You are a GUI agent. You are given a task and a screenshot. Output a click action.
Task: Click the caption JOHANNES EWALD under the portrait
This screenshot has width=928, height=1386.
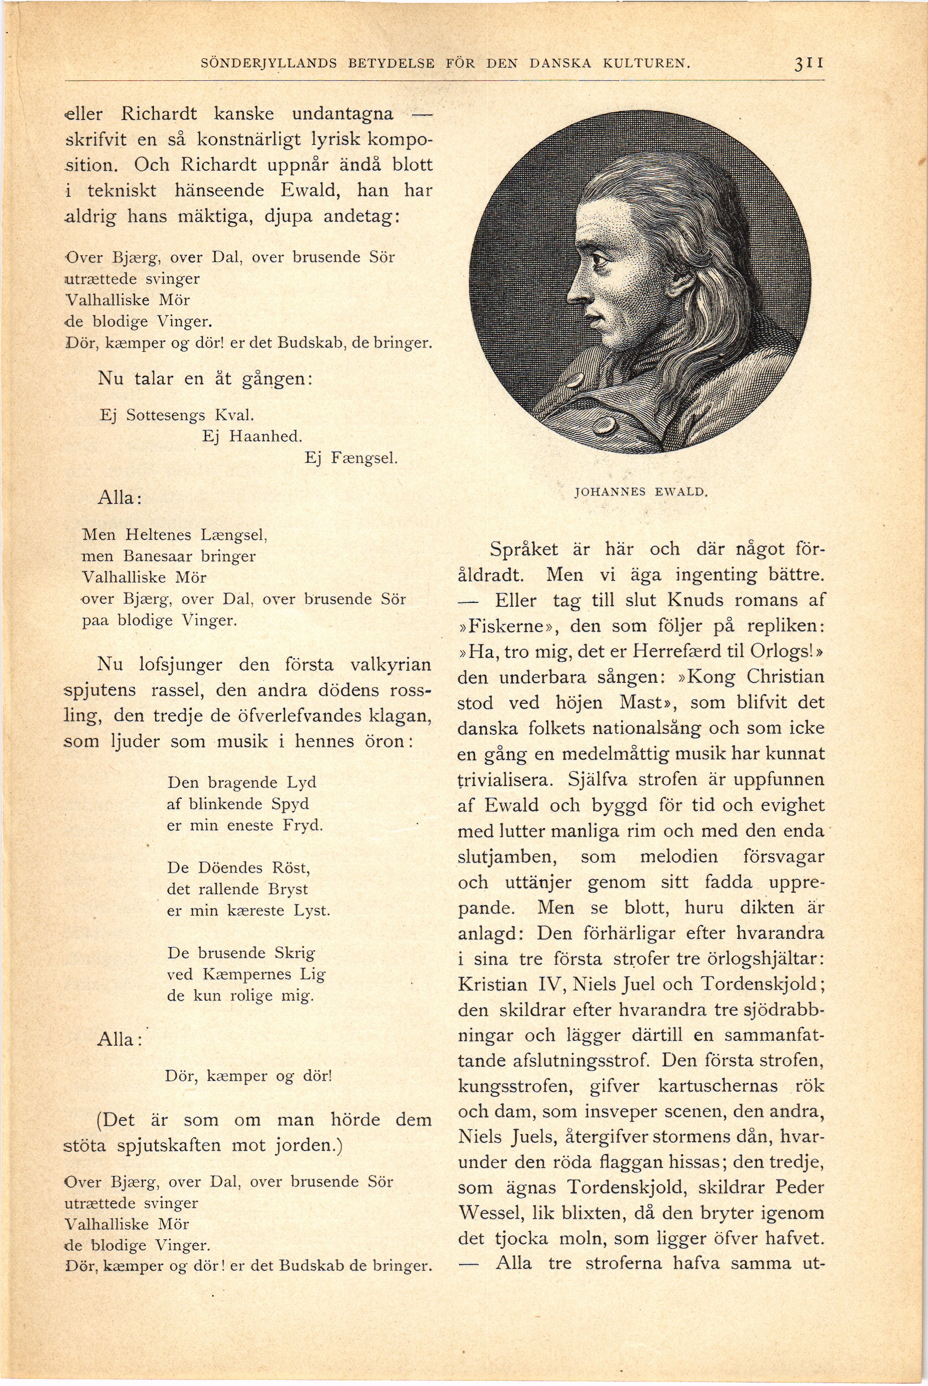click(x=641, y=491)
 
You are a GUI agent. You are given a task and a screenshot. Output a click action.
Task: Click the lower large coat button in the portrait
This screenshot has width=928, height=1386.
click(x=603, y=426)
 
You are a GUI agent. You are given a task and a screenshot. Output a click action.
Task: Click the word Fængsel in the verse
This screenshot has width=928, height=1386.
click(x=362, y=458)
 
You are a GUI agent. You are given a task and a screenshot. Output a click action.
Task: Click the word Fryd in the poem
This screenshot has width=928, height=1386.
click(x=302, y=825)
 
